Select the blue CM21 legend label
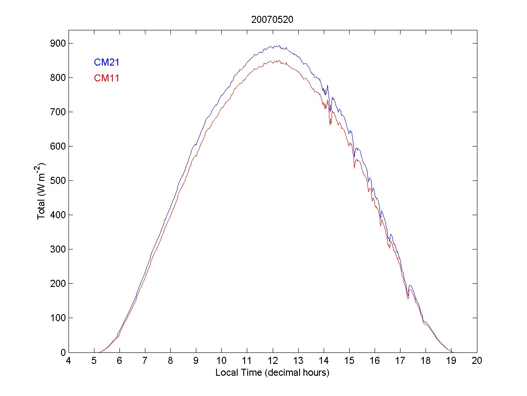coord(107,62)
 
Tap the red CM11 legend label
coord(107,79)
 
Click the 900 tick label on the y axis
coord(58,44)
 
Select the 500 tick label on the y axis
coord(58,181)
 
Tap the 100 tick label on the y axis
coord(58,318)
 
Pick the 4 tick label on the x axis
coord(69,361)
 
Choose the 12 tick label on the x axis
coord(273,361)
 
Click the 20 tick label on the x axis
coord(477,361)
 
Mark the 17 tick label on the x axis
coord(400,361)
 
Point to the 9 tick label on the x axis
coord(196,361)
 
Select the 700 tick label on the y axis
coord(58,112)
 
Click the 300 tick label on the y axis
coord(58,249)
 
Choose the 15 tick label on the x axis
coord(349,361)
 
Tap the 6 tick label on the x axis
coord(119,361)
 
